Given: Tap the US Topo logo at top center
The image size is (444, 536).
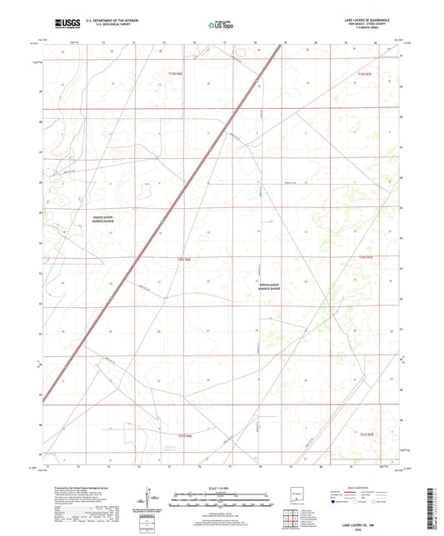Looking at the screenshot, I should pyautogui.click(x=221, y=25).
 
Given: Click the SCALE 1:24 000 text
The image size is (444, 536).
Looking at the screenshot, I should pyautogui.click(x=221, y=487).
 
